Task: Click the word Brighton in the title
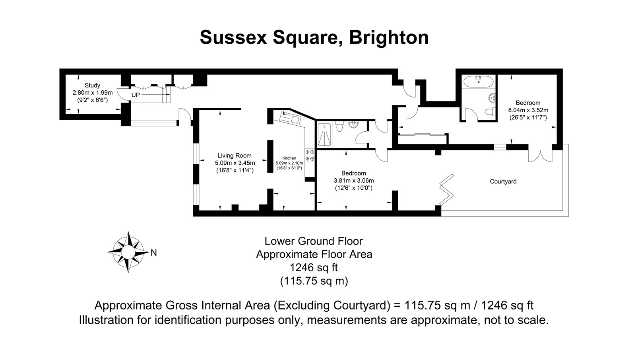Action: pos(389,37)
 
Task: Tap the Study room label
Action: pos(93,85)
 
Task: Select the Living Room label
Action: pos(235,156)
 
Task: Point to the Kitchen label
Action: pos(289,158)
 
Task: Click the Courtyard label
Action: pos(503,181)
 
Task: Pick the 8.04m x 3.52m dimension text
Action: pos(528,110)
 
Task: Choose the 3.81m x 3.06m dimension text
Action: pos(354,181)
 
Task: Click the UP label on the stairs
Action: pos(136,95)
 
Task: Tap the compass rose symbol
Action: pos(128,252)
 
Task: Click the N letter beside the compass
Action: pos(153,253)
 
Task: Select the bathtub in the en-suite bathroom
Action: pos(479,81)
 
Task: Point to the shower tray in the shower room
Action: pos(324,135)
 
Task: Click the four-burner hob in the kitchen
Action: pos(310,156)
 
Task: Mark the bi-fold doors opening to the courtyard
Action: pos(447,189)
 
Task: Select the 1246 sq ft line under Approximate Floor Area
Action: pos(314,267)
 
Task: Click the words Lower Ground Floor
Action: pos(314,241)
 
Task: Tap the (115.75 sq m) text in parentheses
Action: pos(314,281)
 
